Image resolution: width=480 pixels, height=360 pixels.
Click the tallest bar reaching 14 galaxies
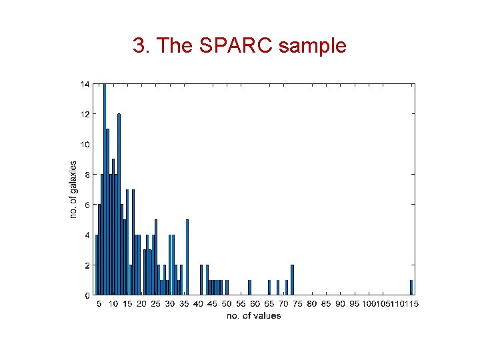click(x=105, y=189)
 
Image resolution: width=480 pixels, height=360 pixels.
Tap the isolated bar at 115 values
click(x=411, y=287)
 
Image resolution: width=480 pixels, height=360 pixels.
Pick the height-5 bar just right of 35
click(x=187, y=257)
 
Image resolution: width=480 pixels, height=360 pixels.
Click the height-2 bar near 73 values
click(x=292, y=280)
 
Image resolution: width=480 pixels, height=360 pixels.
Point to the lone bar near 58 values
click(x=249, y=287)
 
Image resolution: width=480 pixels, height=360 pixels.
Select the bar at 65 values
click(x=269, y=287)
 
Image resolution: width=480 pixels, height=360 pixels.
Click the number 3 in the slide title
click(x=138, y=46)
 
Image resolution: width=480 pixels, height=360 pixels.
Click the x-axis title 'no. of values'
click(x=254, y=315)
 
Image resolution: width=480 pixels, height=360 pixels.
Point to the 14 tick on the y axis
click(x=85, y=84)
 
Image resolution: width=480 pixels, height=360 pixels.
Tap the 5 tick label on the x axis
click(x=99, y=304)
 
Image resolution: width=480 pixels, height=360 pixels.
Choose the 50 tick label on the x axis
click(x=227, y=304)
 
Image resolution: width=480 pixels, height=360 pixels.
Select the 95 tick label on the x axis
click(x=354, y=304)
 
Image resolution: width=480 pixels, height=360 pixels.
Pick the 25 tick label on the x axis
click(x=155, y=304)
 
